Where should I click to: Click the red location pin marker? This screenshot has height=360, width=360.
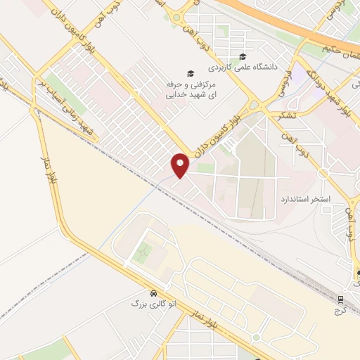point(180,165)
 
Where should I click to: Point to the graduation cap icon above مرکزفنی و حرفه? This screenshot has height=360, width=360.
point(189,73)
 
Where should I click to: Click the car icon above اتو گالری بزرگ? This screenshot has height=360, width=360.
point(153,292)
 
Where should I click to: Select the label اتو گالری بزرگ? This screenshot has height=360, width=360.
point(153,304)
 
